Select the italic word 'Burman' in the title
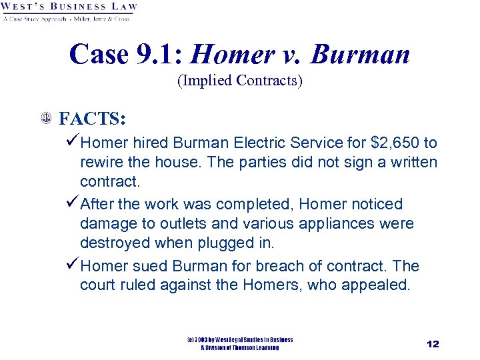pos(360,54)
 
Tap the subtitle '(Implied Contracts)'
pos(239,81)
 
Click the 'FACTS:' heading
pos(93,119)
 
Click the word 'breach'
pos(295,266)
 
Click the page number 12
pos(433,344)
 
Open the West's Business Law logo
pos(69,11)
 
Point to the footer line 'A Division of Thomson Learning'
pos(240,347)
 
